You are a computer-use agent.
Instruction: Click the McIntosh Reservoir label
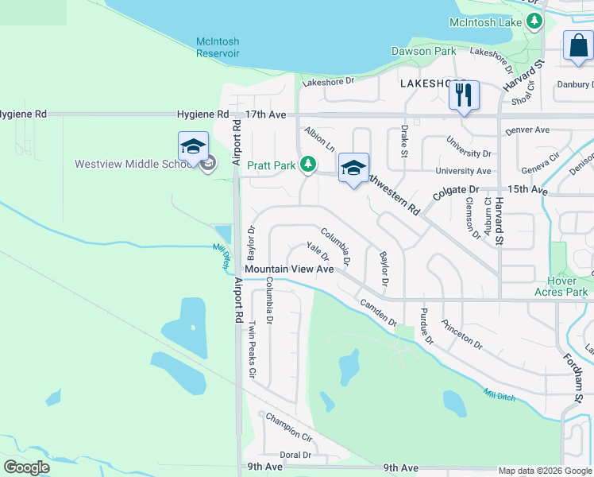[x=218, y=47]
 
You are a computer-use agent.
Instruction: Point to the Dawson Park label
[x=424, y=51]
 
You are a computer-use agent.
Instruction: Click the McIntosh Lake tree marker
[x=536, y=21]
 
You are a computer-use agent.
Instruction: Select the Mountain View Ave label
[x=289, y=270]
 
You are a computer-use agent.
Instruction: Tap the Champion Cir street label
[x=289, y=425]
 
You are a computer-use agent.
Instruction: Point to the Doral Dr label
[x=295, y=455]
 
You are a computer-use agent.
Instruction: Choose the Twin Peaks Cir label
[x=252, y=348]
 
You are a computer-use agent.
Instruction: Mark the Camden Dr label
[x=378, y=313]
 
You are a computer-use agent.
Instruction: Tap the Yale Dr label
[x=317, y=251]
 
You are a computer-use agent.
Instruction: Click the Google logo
[x=26, y=467]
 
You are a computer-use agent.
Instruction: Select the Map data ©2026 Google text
[x=544, y=471]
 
